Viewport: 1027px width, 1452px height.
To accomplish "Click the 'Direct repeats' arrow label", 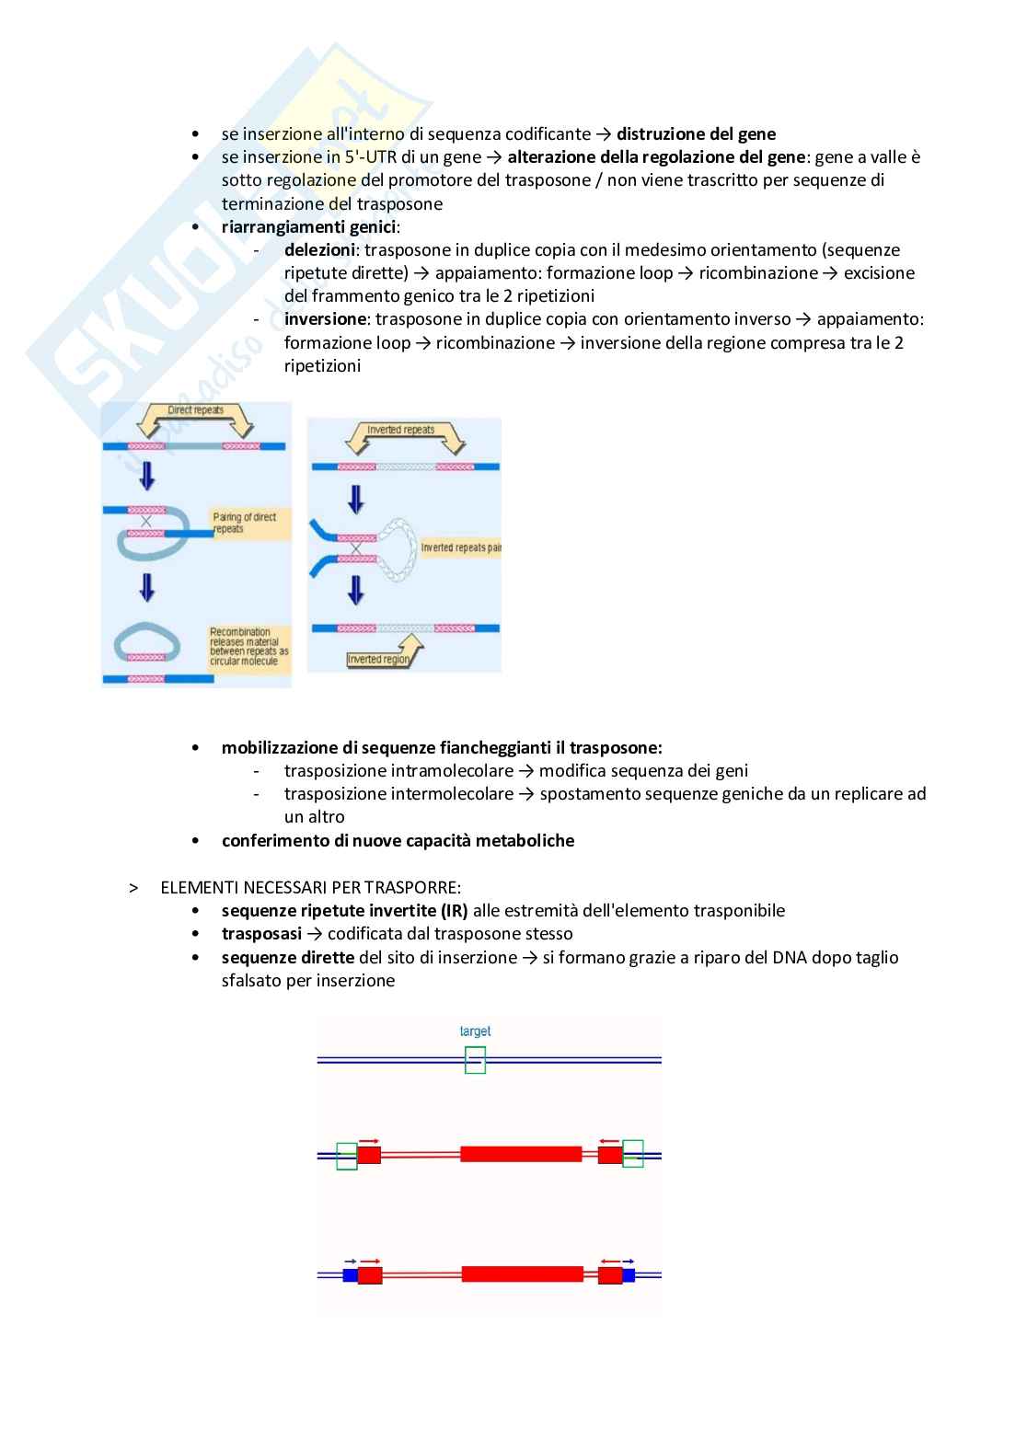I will pos(195,410).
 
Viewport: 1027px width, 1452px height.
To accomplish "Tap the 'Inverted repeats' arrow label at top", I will pos(400,430).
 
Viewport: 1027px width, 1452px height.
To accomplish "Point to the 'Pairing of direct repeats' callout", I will pos(245,523).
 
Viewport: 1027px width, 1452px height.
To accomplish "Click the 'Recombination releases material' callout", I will pos(248,646).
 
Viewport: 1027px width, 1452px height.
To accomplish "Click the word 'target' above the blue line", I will pos(475,1031).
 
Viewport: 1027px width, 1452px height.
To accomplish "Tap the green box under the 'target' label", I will pos(475,1060).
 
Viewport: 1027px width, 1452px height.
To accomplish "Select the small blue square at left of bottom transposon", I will pos(350,1274).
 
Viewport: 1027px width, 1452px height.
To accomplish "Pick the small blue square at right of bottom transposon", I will pos(629,1274).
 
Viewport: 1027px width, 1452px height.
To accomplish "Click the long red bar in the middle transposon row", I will pos(521,1154).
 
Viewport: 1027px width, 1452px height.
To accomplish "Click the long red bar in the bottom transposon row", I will pos(522,1274).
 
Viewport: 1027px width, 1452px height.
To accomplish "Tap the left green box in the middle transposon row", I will pos(346,1156).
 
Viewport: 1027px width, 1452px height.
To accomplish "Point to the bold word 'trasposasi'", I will pos(261,934).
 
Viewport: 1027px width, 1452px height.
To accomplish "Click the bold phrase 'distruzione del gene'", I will pos(696,133).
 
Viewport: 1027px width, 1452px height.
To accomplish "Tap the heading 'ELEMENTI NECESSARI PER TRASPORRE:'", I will pos(310,888).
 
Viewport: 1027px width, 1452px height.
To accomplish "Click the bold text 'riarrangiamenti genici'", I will pos(308,226).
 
